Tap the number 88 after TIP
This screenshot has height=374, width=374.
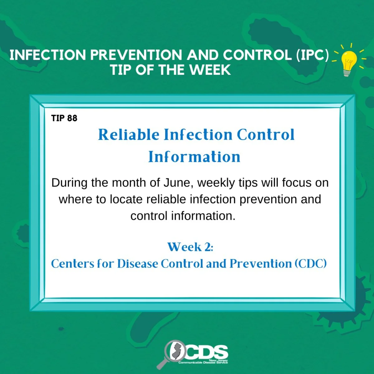coord(72,118)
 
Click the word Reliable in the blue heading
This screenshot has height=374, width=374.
coord(129,135)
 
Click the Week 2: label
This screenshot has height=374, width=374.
coord(190,247)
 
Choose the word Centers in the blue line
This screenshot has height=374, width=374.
coord(73,264)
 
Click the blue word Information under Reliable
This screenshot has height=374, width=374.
coord(194,157)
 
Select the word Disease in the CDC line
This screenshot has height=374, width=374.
coord(138,264)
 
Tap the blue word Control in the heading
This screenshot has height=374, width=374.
coord(266,135)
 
